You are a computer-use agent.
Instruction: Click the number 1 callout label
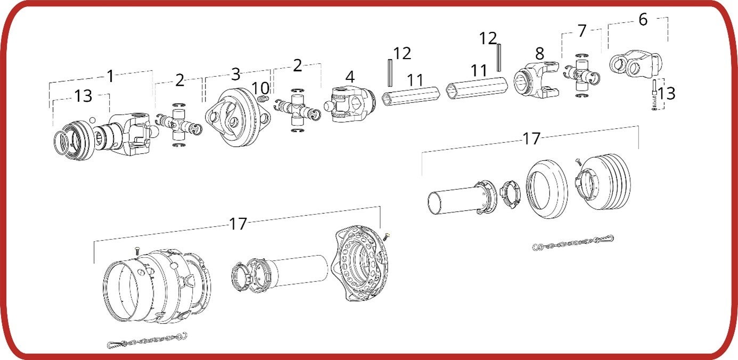click(x=110, y=76)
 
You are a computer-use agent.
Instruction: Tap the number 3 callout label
click(x=235, y=74)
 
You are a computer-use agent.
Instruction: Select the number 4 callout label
click(x=350, y=77)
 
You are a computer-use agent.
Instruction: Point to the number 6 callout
click(x=643, y=19)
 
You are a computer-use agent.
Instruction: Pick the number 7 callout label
click(x=582, y=31)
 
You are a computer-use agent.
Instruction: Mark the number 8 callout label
click(x=539, y=53)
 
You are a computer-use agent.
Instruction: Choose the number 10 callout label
click(x=260, y=88)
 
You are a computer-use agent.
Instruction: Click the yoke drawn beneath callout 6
click(x=636, y=63)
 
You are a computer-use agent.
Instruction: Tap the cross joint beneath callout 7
click(x=581, y=75)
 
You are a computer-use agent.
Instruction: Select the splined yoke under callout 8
click(x=536, y=80)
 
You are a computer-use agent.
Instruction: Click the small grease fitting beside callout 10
click(x=263, y=99)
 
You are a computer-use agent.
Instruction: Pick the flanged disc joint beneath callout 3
click(x=238, y=118)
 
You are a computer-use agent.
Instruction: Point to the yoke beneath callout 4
click(x=350, y=104)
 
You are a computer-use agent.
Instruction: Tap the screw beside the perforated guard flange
click(x=387, y=236)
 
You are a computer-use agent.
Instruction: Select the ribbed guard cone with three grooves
click(x=604, y=182)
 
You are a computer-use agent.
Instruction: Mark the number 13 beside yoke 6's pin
click(x=666, y=94)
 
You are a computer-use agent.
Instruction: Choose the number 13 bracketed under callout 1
click(x=83, y=96)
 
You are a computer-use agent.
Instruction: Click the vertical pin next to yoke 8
click(x=499, y=58)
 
